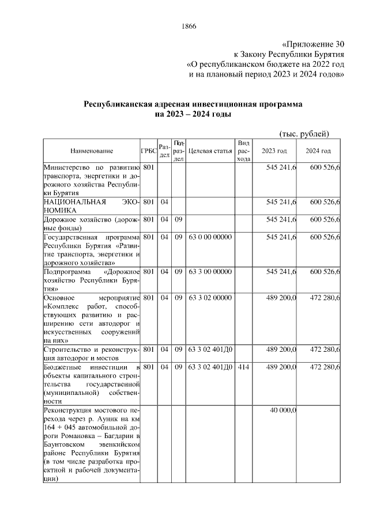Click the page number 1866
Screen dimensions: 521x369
pyautogui.click(x=190, y=26)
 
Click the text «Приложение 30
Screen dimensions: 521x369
pyautogui.click(x=314, y=44)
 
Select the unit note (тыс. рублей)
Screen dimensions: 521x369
pyautogui.click(x=304, y=134)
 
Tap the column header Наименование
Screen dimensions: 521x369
pyautogui.click(x=92, y=151)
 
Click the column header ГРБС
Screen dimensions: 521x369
pyautogui.click(x=148, y=151)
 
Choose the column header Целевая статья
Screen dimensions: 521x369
pyautogui.click(x=210, y=151)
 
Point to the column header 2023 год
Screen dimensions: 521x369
pyautogui.click(x=274, y=151)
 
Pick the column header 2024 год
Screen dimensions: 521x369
pyautogui.click(x=318, y=151)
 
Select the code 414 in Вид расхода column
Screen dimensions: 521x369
pyautogui.click(x=243, y=367)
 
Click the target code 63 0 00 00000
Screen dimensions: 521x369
pyautogui.click(x=210, y=237)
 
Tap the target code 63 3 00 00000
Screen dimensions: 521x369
pyautogui.click(x=210, y=271)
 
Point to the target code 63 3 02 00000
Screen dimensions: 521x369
pyautogui.click(x=210, y=297)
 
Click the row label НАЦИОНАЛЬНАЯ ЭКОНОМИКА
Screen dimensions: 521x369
pyautogui.click(x=92, y=207)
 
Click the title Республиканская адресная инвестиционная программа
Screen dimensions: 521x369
pyautogui.click(x=193, y=105)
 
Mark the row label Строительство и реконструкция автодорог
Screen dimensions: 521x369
pyautogui.click(x=92, y=353)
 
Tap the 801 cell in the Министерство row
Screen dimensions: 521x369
pyautogui.click(x=148, y=168)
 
